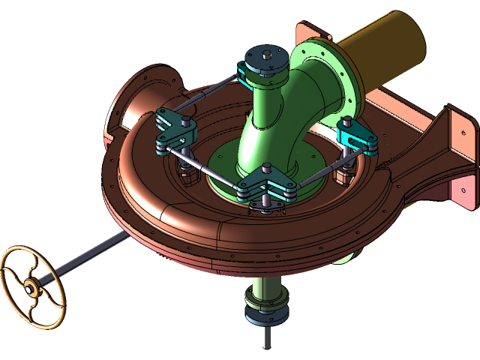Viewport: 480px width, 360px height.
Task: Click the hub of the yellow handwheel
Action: tap(30, 286)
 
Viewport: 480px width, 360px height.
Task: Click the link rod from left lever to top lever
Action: tap(202, 98)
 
